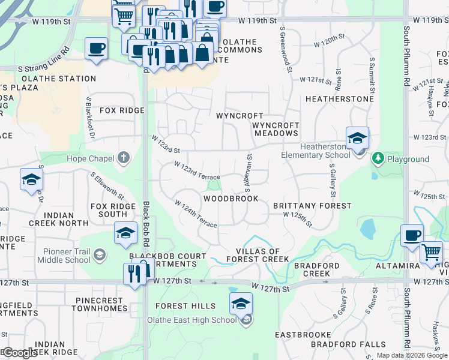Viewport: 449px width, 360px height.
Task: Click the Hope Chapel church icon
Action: pyautogui.click(x=124, y=158)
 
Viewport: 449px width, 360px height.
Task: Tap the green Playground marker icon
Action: pyautogui.click(x=378, y=158)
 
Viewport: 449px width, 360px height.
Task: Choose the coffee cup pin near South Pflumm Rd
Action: pyautogui.click(x=412, y=236)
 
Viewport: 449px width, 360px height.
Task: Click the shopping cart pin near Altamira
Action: pyautogui.click(x=431, y=253)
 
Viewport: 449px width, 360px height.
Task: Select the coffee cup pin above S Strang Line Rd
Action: pyautogui.click(x=95, y=49)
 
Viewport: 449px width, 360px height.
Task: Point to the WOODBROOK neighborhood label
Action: pyautogui.click(x=231, y=199)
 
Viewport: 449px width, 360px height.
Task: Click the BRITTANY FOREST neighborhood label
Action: pyautogui.click(x=312, y=206)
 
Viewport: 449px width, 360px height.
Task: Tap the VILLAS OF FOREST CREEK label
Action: pyautogui.click(x=258, y=255)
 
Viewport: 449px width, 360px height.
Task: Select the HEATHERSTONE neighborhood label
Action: pyautogui.click(x=339, y=98)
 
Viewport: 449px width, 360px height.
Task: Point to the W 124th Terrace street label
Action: pyautogui.click(x=196, y=214)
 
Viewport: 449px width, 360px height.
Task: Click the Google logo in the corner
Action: pyautogui.click(x=19, y=353)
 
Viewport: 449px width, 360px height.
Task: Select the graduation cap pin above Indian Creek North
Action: pyautogui.click(x=31, y=179)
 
